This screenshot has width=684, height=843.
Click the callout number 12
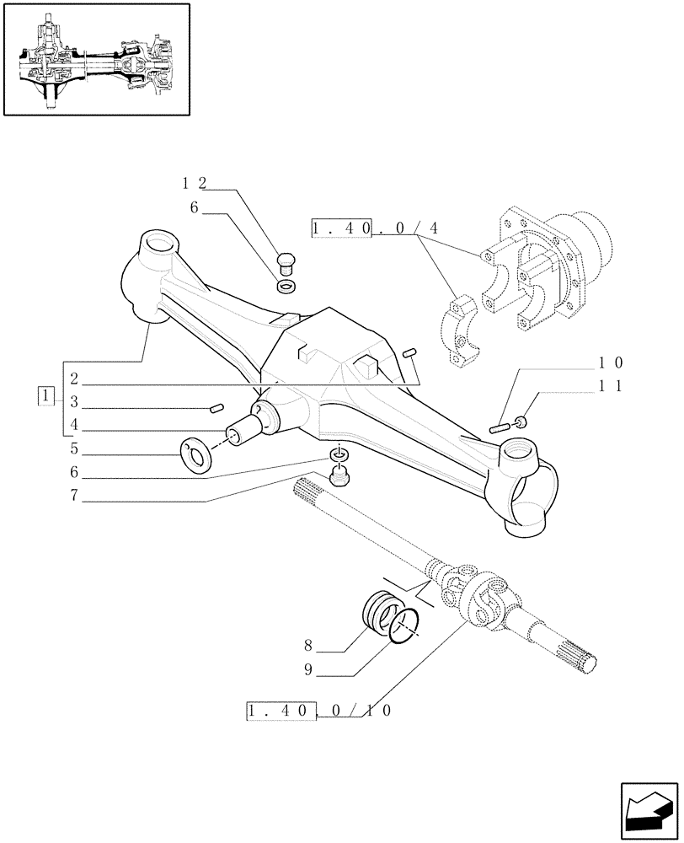(194, 183)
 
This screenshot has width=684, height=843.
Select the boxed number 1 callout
(45, 395)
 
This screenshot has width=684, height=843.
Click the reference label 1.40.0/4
(366, 229)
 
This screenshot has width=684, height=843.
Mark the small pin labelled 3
(216, 409)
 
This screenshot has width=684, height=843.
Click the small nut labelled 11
(522, 421)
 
